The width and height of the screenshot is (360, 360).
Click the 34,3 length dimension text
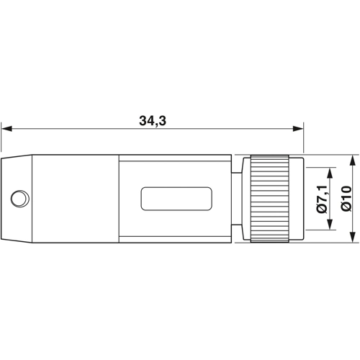[153, 121]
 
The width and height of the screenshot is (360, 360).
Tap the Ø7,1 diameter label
[322, 199]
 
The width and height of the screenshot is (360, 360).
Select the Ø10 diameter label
[346, 199]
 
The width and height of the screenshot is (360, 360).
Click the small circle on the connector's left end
[19, 199]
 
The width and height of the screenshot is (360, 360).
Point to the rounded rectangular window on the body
[176, 199]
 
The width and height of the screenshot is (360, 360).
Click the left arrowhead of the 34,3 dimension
[6, 129]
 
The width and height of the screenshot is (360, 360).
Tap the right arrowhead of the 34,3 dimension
[298, 129]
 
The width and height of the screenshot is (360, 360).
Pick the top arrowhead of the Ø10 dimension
[352, 160]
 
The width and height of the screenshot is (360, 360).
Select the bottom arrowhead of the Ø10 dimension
[352, 237]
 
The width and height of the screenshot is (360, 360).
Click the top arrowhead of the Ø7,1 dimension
[330, 173]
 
